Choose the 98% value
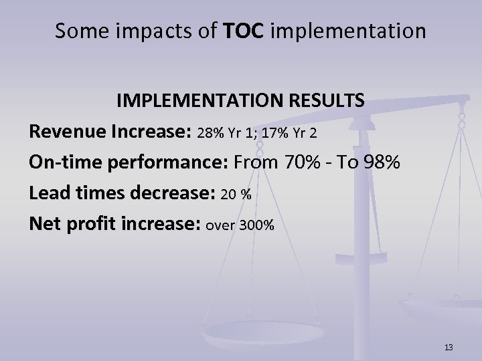click(x=378, y=162)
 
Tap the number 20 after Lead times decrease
click(x=228, y=195)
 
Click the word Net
click(x=44, y=225)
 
